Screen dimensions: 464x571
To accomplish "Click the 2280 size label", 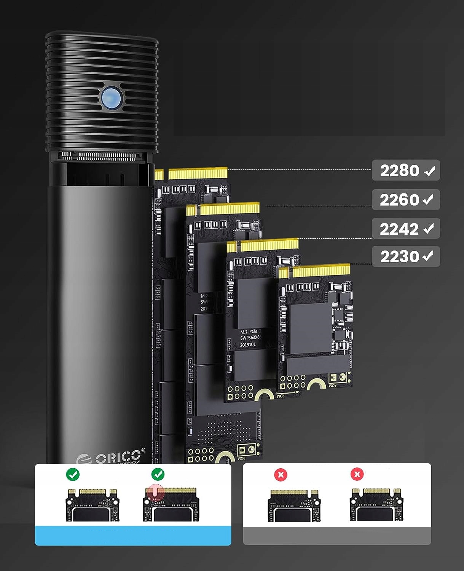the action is click(x=400, y=171).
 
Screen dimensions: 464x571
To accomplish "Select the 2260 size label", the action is click(x=399, y=200).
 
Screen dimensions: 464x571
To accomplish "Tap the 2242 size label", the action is click(x=399, y=229).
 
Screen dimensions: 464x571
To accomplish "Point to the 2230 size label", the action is click(x=400, y=257).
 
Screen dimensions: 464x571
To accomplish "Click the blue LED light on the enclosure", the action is click(x=112, y=98).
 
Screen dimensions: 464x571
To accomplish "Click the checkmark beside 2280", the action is click(x=430, y=171).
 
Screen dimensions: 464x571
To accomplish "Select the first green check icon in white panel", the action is click(x=73, y=474).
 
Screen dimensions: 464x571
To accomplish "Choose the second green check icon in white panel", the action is click(x=158, y=474).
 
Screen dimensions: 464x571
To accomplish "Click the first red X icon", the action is click(x=281, y=475).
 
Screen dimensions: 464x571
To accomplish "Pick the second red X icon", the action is click(x=357, y=474).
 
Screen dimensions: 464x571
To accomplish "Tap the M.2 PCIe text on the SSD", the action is click(x=249, y=332).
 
